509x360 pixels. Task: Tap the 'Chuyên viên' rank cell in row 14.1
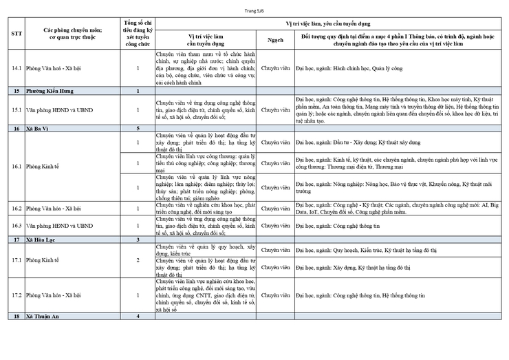tap(275, 69)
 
